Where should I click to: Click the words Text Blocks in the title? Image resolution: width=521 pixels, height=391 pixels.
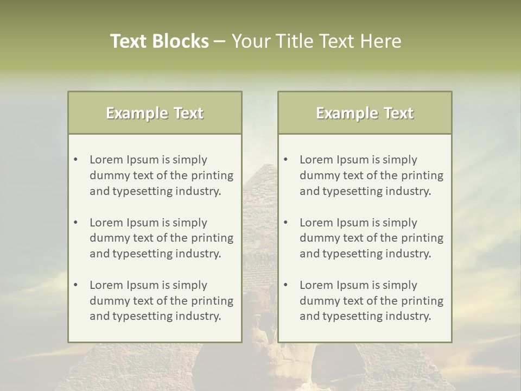(159, 41)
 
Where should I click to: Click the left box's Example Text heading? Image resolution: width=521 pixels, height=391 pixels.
(155, 113)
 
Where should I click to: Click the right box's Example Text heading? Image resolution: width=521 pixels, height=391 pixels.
(365, 113)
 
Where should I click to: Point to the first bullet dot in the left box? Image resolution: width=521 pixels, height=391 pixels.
(75, 160)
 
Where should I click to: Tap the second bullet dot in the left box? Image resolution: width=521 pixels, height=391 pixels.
(75, 223)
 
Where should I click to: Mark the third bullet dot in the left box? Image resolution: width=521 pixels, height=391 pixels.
(75, 285)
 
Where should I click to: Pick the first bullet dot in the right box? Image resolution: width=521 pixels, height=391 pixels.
(285, 160)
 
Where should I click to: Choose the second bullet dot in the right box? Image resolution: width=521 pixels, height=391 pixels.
(285, 223)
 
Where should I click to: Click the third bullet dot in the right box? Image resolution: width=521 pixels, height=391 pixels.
(285, 285)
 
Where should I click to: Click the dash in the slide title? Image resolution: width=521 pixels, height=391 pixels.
(220, 41)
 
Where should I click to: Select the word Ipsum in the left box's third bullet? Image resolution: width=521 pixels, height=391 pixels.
(142, 285)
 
